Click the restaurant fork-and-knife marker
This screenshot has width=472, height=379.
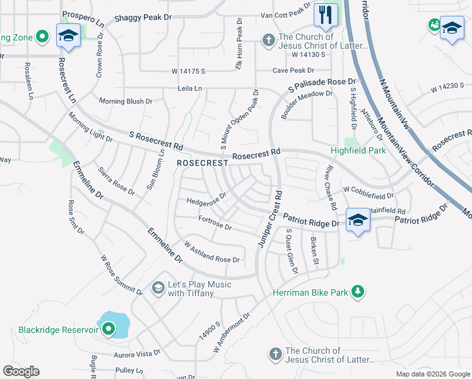tap(326, 16)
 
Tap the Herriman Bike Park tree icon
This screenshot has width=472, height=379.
tap(358, 291)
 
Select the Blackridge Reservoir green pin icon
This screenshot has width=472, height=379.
tap(108, 329)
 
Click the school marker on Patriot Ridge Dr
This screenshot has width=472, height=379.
tap(358, 220)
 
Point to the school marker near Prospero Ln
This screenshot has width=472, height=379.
tap(68, 35)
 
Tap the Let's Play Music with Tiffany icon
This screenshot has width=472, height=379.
tap(158, 289)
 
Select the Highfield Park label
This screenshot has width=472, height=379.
tap(358, 151)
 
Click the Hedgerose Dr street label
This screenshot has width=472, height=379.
tap(206, 201)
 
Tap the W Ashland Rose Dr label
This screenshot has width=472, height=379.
tap(211, 252)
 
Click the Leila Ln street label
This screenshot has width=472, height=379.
tap(189, 88)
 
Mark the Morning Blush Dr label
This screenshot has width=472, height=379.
tap(126, 101)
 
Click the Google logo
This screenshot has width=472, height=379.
tap(21, 371)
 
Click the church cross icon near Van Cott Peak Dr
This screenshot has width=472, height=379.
tap(269, 41)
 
